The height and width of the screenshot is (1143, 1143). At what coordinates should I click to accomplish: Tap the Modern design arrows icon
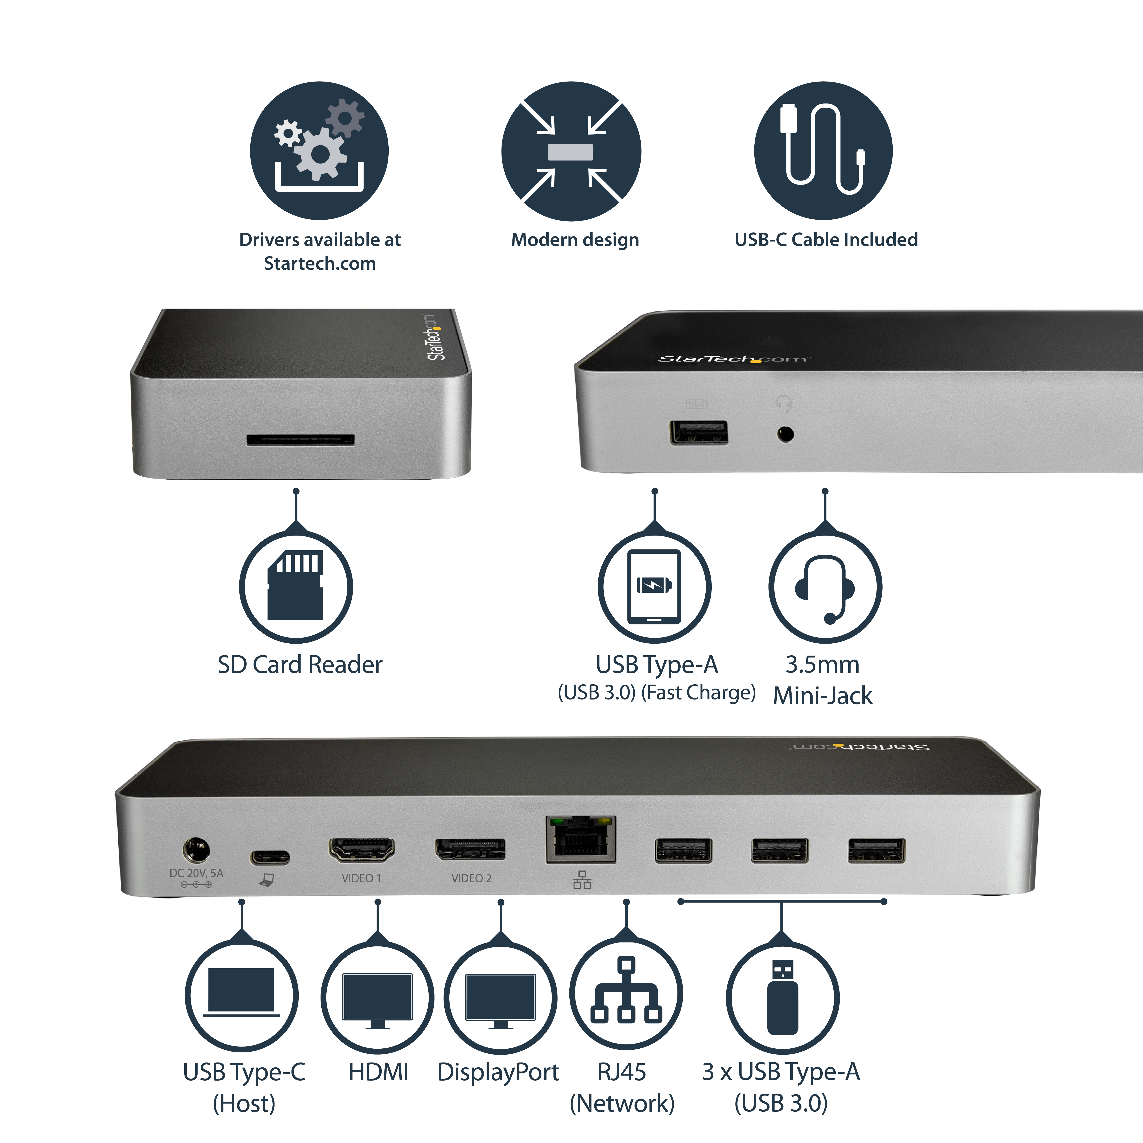(571, 152)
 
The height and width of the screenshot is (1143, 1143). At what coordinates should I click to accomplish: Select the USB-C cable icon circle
(823, 151)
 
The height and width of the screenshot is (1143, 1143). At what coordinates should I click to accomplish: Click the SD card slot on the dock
(301, 440)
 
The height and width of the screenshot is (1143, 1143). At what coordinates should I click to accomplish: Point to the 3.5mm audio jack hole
(785, 434)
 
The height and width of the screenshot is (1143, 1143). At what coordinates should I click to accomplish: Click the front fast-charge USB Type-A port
(699, 433)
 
